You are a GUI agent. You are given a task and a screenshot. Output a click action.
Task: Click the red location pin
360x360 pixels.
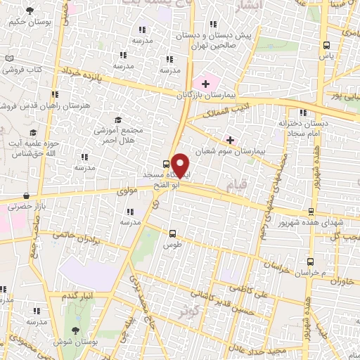[x=181, y=165]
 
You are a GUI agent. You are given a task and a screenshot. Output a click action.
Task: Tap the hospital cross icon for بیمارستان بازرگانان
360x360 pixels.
[x=205, y=84]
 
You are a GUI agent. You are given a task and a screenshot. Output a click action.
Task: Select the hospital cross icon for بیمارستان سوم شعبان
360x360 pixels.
[x=230, y=140]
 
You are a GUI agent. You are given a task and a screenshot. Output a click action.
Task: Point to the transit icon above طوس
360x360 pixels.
[x=173, y=233]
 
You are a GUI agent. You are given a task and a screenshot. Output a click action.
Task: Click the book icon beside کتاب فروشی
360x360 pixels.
[x=9, y=59]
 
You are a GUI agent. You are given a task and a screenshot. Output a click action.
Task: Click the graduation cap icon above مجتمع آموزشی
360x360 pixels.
[x=118, y=120]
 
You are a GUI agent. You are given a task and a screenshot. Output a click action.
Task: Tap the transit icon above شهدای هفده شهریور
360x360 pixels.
[x=311, y=211]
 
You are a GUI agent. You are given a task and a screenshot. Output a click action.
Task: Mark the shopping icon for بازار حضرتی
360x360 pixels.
[x=27, y=196]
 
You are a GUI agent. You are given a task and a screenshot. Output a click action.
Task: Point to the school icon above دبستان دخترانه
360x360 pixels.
[x=302, y=112]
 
